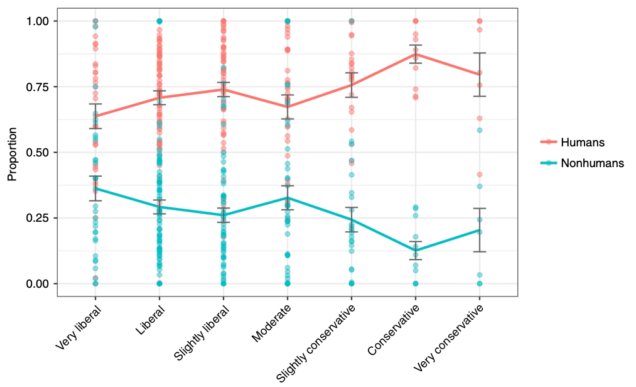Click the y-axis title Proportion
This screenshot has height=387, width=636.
click(x=11, y=153)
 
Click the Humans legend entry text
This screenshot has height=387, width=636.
click(x=584, y=143)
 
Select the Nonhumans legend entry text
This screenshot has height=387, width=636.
click(x=593, y=163)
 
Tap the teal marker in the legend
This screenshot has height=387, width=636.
click(x=549, y=163)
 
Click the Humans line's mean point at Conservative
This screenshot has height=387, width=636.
click(x=415, y=54)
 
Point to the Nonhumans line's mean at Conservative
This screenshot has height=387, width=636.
click(x=415, y=251)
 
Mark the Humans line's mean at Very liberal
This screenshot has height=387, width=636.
click(x=95, y=116)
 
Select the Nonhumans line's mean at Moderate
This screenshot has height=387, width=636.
click(x=288, y=198)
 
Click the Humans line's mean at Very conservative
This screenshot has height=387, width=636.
click(x=479, y=74)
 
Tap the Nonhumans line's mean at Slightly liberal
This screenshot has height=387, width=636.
click(x=223, y=215)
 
